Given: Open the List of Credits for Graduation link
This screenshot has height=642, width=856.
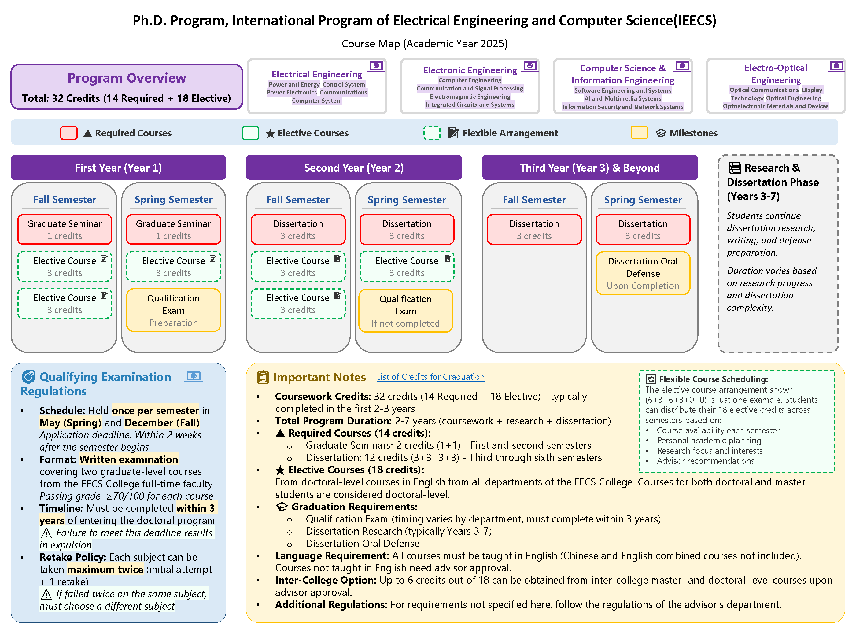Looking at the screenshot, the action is pyautogui.click(x=430, y=377).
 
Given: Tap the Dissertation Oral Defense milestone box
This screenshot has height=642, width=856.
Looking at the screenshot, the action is pyautogui.click(x=643, y=273).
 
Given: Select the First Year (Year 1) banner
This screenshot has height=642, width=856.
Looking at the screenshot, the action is pyautogui.click(x=118, y=168).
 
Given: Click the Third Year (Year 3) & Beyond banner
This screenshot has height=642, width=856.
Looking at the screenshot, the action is pyautogui.click(x=590, y=168).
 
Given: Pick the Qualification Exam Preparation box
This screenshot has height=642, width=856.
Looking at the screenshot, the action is pyautogui.click(x=173, y=310).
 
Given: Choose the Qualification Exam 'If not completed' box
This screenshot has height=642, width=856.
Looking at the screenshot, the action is pyautogui.click(x=406, y=311).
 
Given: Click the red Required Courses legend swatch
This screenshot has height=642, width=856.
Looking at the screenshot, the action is pyautogui.click(x=69, y=133).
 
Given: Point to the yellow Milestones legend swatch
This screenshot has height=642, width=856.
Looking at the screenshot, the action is pyautogui.click(x=639, y=133).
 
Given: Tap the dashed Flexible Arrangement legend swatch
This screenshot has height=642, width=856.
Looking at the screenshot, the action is pyautogui.click(x=432, y=133).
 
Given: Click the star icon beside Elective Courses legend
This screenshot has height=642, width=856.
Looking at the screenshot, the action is pyautogui.click(x=270, y=134).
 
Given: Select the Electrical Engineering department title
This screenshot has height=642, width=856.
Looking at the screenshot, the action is pyautogui.click(x=316, y=74).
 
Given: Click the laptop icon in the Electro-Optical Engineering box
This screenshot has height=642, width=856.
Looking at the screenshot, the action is pyautogui.click(x=836, y=66).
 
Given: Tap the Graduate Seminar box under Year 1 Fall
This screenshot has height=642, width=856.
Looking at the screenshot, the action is pyautogui.click(x=65, y=230).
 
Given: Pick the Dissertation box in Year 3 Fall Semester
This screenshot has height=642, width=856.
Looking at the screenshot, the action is pyautogui.click(x=534, y=230).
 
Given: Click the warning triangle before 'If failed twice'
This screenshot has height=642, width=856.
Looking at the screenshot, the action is pyautogui.click(x=46, y=594).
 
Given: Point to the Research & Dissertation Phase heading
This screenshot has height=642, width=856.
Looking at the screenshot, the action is pyautogui.click(x=773, y=182).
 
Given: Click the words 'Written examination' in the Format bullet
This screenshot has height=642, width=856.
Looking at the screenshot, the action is pyautogui.click(x=129, y=459).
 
